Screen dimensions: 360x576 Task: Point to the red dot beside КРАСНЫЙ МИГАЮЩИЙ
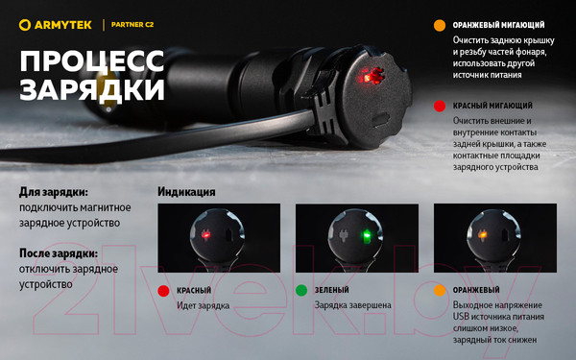pyautogui.click(x=439, y=106)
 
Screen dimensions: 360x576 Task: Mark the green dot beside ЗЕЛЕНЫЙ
pyautogui.click(x=301, y=290)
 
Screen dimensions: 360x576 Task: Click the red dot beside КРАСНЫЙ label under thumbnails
pyautogui.click(x=163, y=290)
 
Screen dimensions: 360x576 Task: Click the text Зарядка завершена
pyautogui.click(x=352, y=306)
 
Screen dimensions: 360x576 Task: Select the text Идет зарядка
pyautogui.click(x=204, y=306)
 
